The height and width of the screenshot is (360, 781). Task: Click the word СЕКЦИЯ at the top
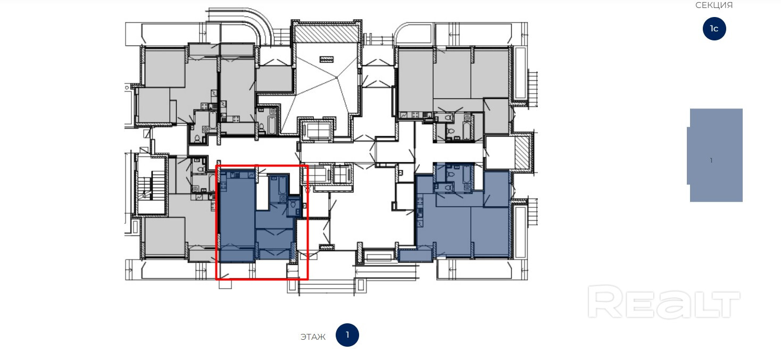[714, 5]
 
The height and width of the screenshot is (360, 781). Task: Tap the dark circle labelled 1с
[714, 29]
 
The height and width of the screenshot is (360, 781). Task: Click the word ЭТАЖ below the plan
[313, 337]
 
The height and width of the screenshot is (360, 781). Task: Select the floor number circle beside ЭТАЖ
[347, 335]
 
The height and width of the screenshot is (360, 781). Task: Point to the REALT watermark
[664, 302]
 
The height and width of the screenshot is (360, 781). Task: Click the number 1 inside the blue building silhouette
[711, 160]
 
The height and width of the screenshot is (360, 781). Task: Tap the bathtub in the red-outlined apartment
[283, 185]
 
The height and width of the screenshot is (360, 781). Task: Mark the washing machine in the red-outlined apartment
[284, 199]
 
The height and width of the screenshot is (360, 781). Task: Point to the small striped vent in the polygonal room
[326, 59]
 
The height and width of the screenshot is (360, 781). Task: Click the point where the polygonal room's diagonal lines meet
[337, 77]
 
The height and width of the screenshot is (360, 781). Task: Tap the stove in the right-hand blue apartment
[420, 200]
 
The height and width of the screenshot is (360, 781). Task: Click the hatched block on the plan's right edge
[522, 152]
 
